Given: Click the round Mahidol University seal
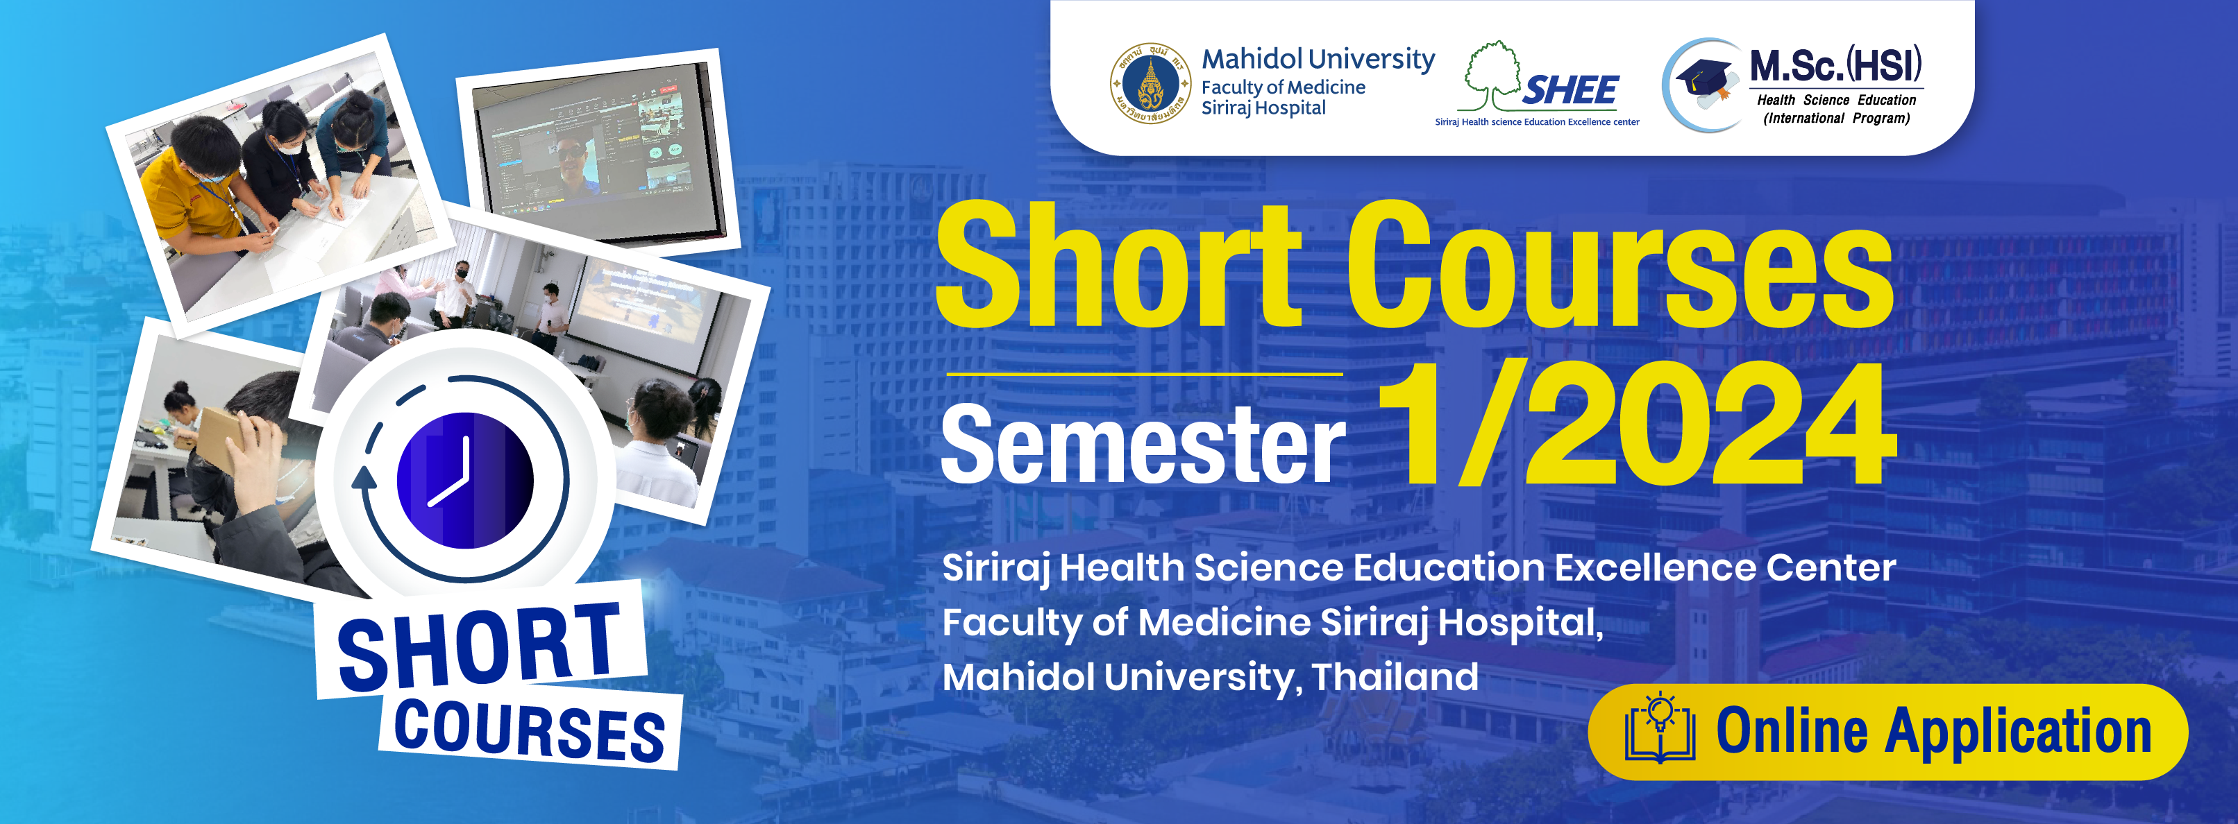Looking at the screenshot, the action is (x=1151, y=83).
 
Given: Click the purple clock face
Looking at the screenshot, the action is (x=466, y=480).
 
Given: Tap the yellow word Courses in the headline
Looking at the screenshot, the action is (x=1619, y=264).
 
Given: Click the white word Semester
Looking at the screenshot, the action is (x=1143, y=444).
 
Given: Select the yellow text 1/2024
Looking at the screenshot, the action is (x=1636, y=424).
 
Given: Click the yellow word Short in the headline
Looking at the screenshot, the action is (x=1119, y=264).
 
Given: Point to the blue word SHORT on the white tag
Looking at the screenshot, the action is (x=480, y=647).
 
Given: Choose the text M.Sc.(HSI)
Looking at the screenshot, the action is (x=1836, y=65).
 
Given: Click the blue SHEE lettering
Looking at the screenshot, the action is (x=1571, y=90).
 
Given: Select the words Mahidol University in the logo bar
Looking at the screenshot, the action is (x=1318, y=59).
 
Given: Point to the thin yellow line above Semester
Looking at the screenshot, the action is (x=1144, y=375).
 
